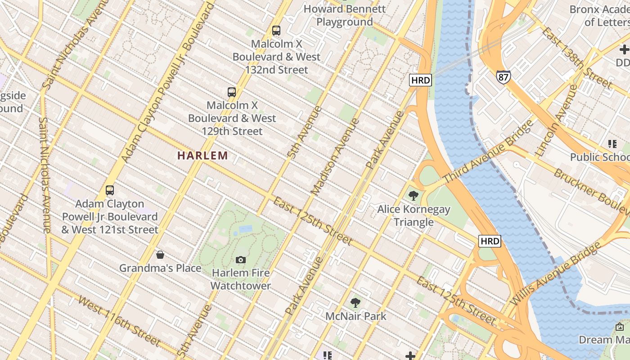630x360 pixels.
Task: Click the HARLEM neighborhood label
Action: point(202,156)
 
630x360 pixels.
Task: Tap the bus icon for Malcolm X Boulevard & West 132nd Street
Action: point(276,31)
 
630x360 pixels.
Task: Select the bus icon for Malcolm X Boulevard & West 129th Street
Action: point(232,92)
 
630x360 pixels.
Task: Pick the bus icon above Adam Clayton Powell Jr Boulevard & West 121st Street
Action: point(110,190)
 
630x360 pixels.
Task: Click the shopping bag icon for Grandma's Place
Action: point(160,255)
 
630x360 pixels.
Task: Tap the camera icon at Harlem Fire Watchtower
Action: point(241,260)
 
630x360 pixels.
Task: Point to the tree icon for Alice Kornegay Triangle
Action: point(413,196)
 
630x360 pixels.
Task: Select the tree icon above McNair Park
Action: point(355,303)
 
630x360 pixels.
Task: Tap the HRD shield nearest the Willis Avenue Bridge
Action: point(490,241)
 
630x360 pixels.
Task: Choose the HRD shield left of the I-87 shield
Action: point(421,80)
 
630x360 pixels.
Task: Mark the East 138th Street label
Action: point(577,58)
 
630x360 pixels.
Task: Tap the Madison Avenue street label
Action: point(336,157)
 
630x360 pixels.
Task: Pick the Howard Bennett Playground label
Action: point(345,15)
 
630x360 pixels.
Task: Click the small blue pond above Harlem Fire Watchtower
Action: point(245,229)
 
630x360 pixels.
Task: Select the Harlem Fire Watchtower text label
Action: point(241,279)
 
